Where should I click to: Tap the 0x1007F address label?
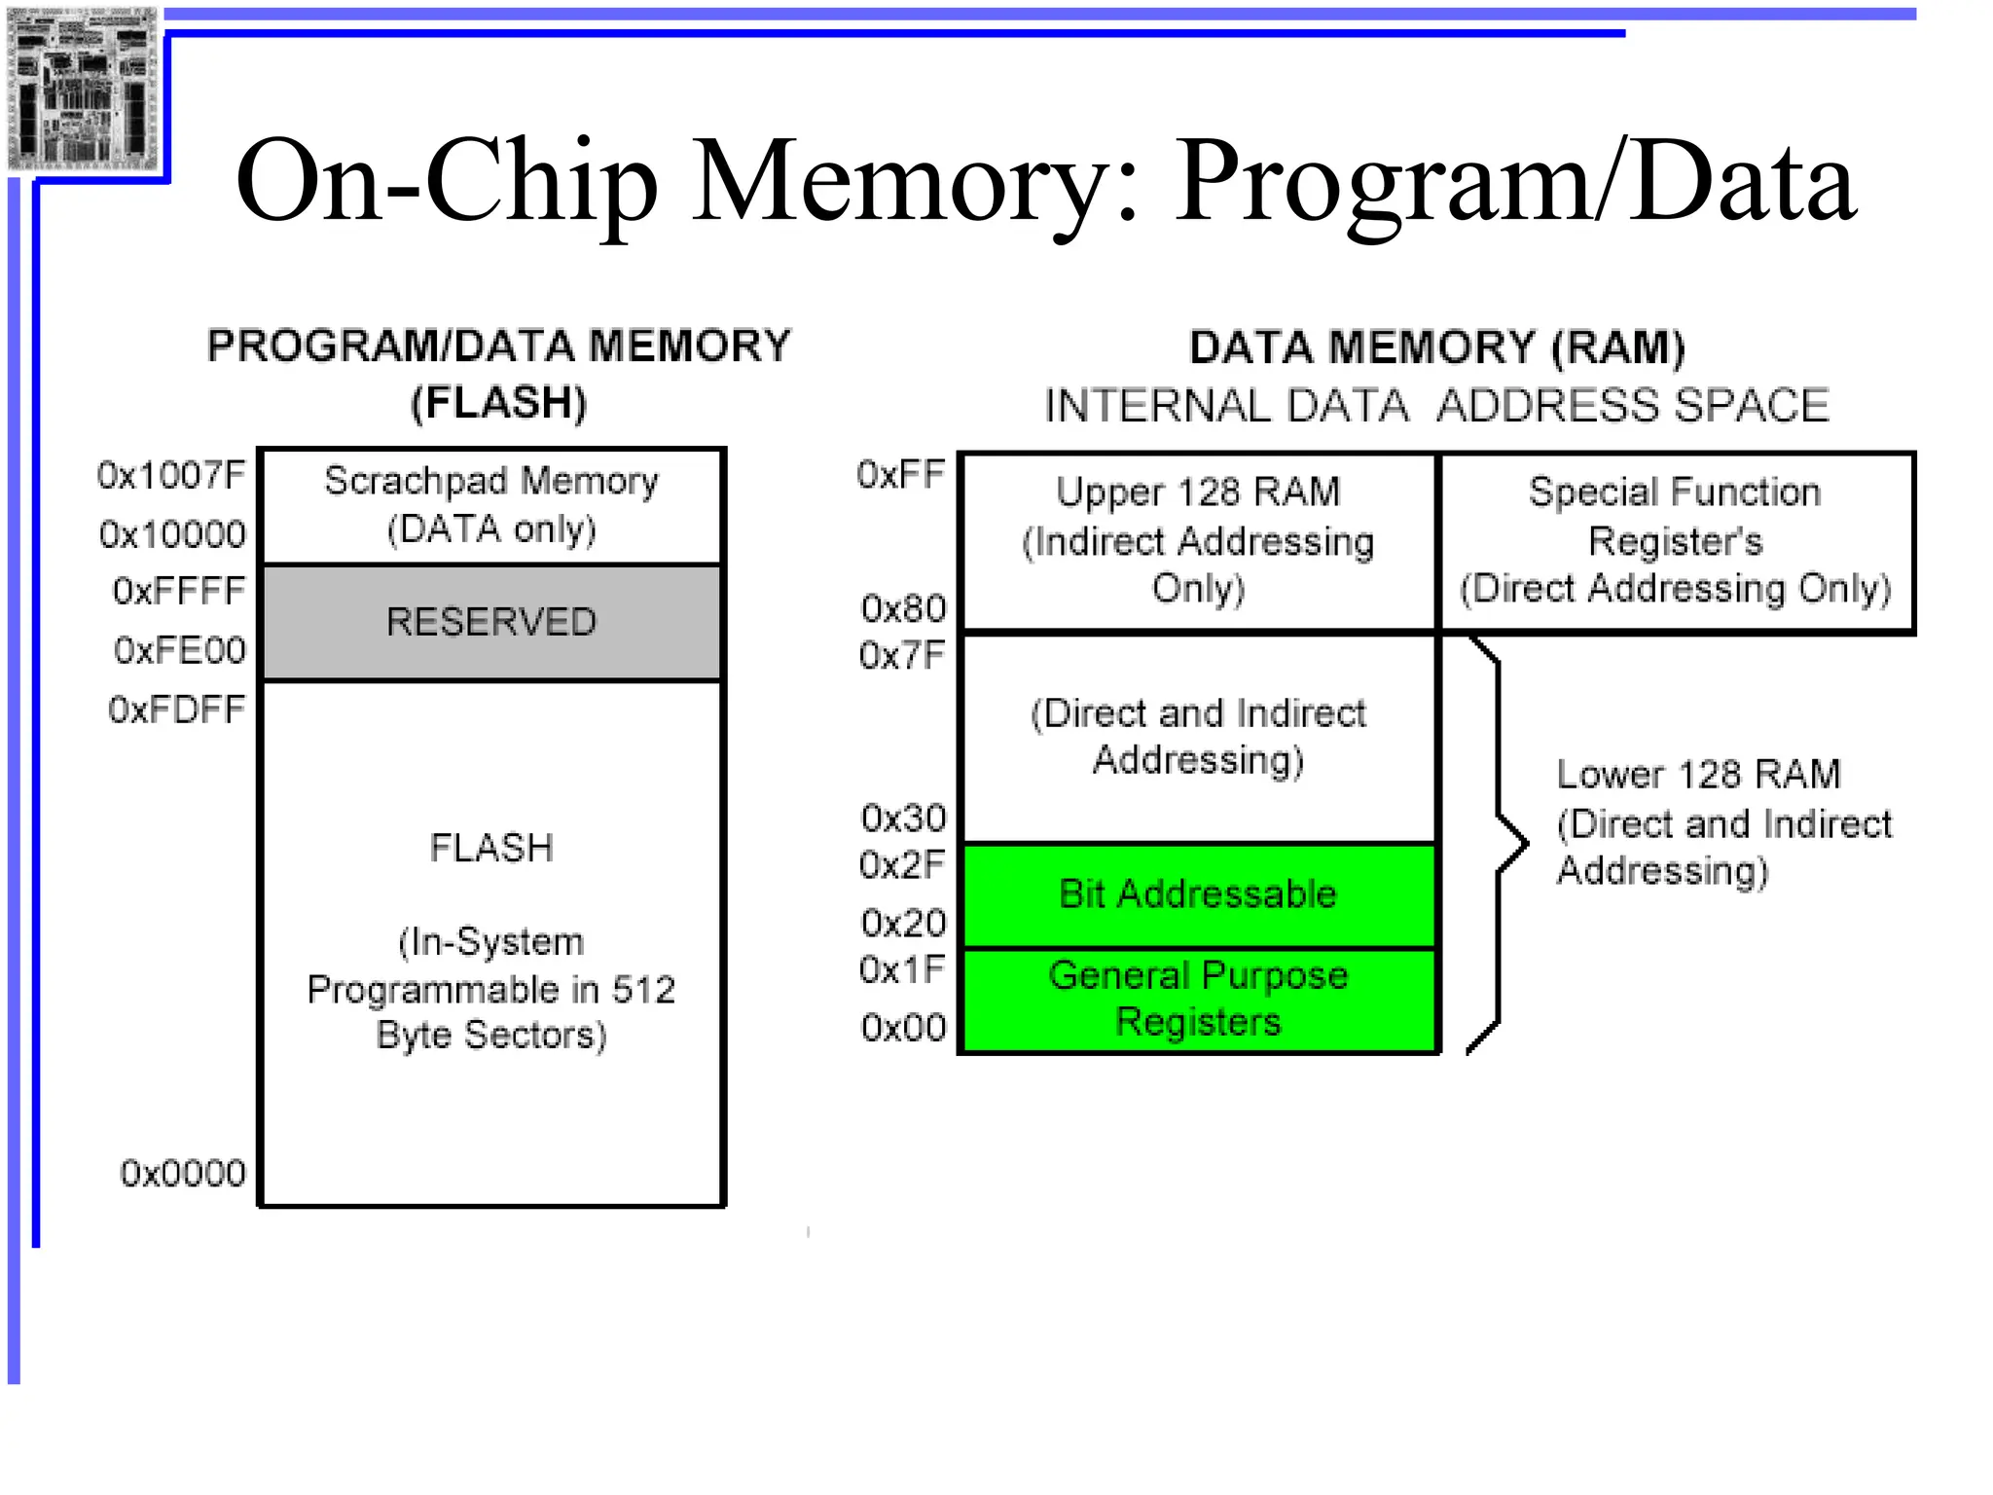click(x=171, y=475)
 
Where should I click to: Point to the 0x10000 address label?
click(x=172, y=534)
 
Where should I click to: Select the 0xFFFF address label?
click(x=179, y=591)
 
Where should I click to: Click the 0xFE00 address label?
click(x=179, y=650)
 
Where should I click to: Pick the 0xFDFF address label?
click(x=176, y=710)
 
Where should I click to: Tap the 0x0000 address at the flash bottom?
click(x=183, y=1173)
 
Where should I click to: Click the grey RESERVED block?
click(x=491, y=622)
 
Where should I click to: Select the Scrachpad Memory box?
click(x=491, y=505)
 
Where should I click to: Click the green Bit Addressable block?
click(x=1198, y=893)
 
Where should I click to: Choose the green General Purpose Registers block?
click(x=1198, y=1000)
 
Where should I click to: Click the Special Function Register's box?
click(x=1675, y=541)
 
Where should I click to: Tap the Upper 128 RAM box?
click(x=1198, y=541)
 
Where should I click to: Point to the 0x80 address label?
click(x=903, y=608)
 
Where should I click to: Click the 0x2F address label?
click(x=901, y=864)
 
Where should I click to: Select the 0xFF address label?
click(x=900, y=475)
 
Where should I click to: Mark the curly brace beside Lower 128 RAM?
click(x=1499, y=844)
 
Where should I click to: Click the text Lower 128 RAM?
click(x=1698, y=775)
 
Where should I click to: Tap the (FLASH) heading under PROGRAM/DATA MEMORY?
click(x=498, y=403)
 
